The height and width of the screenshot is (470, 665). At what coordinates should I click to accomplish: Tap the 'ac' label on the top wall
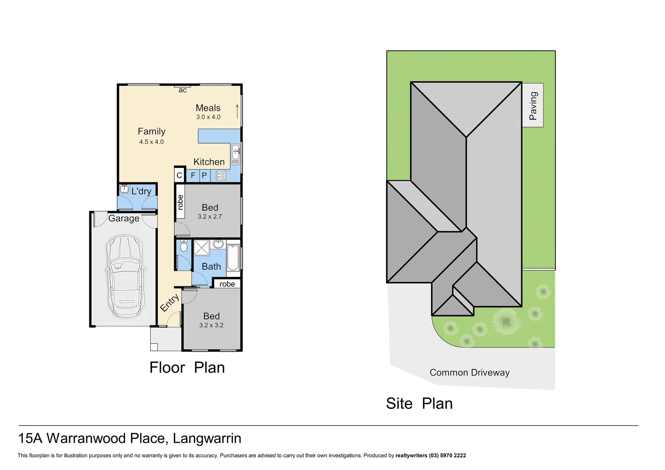tap(183, 90)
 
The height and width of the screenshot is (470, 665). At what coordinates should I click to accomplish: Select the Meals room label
tap(208, 108)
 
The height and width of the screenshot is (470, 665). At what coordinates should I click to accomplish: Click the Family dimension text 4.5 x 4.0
tap(152, 142)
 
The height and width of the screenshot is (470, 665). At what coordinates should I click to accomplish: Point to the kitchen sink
tap(236, 154)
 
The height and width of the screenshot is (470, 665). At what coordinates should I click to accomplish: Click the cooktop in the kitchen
tap(221, 176)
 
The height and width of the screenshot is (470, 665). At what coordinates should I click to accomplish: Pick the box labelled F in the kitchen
tap(193, 176)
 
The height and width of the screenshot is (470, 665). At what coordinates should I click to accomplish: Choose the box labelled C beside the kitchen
tap(179, 176)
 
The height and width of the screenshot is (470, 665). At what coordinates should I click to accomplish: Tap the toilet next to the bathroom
tap(184, 247)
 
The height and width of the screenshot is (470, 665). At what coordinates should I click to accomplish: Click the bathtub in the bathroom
tap(233, 258)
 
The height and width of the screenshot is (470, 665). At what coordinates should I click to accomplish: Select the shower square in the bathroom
tap(202, 248)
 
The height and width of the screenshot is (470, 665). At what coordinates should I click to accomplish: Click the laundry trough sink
tap(124, 189)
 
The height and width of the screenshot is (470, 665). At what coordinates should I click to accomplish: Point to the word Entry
tap(169, 302)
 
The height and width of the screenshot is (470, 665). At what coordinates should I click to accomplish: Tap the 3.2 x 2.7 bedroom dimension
tap(210, 217)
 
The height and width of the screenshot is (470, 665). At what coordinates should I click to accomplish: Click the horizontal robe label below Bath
tap(227, 284)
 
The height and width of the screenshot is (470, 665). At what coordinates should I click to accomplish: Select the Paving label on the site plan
tap(533, 106)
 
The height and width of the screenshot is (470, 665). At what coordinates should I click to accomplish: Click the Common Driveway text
tap(469, 373)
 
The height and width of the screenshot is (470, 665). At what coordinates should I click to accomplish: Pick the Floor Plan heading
tap(187, 368)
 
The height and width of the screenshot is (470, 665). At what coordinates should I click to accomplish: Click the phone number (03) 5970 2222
tap(447, 456)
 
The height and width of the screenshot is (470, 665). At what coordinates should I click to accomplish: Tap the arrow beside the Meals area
tap(237, 111)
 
